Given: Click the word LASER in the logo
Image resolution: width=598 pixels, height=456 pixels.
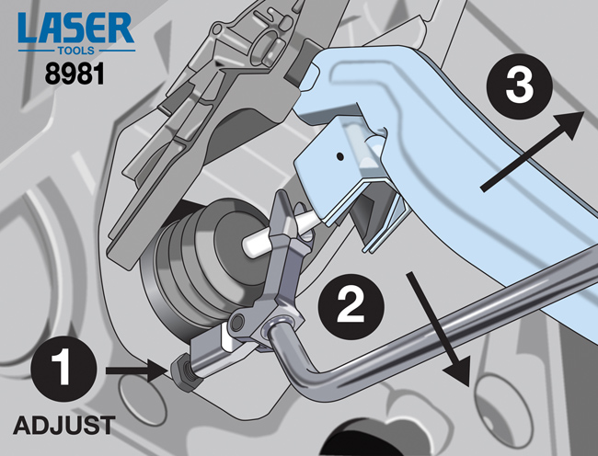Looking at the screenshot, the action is [x=75, y=28].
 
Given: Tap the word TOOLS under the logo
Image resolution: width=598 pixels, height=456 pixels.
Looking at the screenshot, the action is [x=75, y=51].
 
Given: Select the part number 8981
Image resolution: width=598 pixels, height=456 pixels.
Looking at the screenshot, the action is [x=75, y=74].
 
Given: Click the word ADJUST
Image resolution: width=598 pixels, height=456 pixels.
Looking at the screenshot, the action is [x=64, y=425].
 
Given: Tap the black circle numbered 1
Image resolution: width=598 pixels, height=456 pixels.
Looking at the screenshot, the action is [x=63, y=369].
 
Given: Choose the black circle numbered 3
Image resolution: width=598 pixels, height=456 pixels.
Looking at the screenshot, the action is [x=520, y=86].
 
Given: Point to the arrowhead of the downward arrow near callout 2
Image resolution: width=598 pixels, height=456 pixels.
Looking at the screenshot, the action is [x=459, y=374].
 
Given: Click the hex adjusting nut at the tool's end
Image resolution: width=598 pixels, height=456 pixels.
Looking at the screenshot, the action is [x=182, y=371].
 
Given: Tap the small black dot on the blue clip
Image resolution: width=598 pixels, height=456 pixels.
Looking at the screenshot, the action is [x=340, y=155].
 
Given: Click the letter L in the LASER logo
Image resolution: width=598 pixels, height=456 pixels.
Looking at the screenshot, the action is [x=28, y=28].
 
